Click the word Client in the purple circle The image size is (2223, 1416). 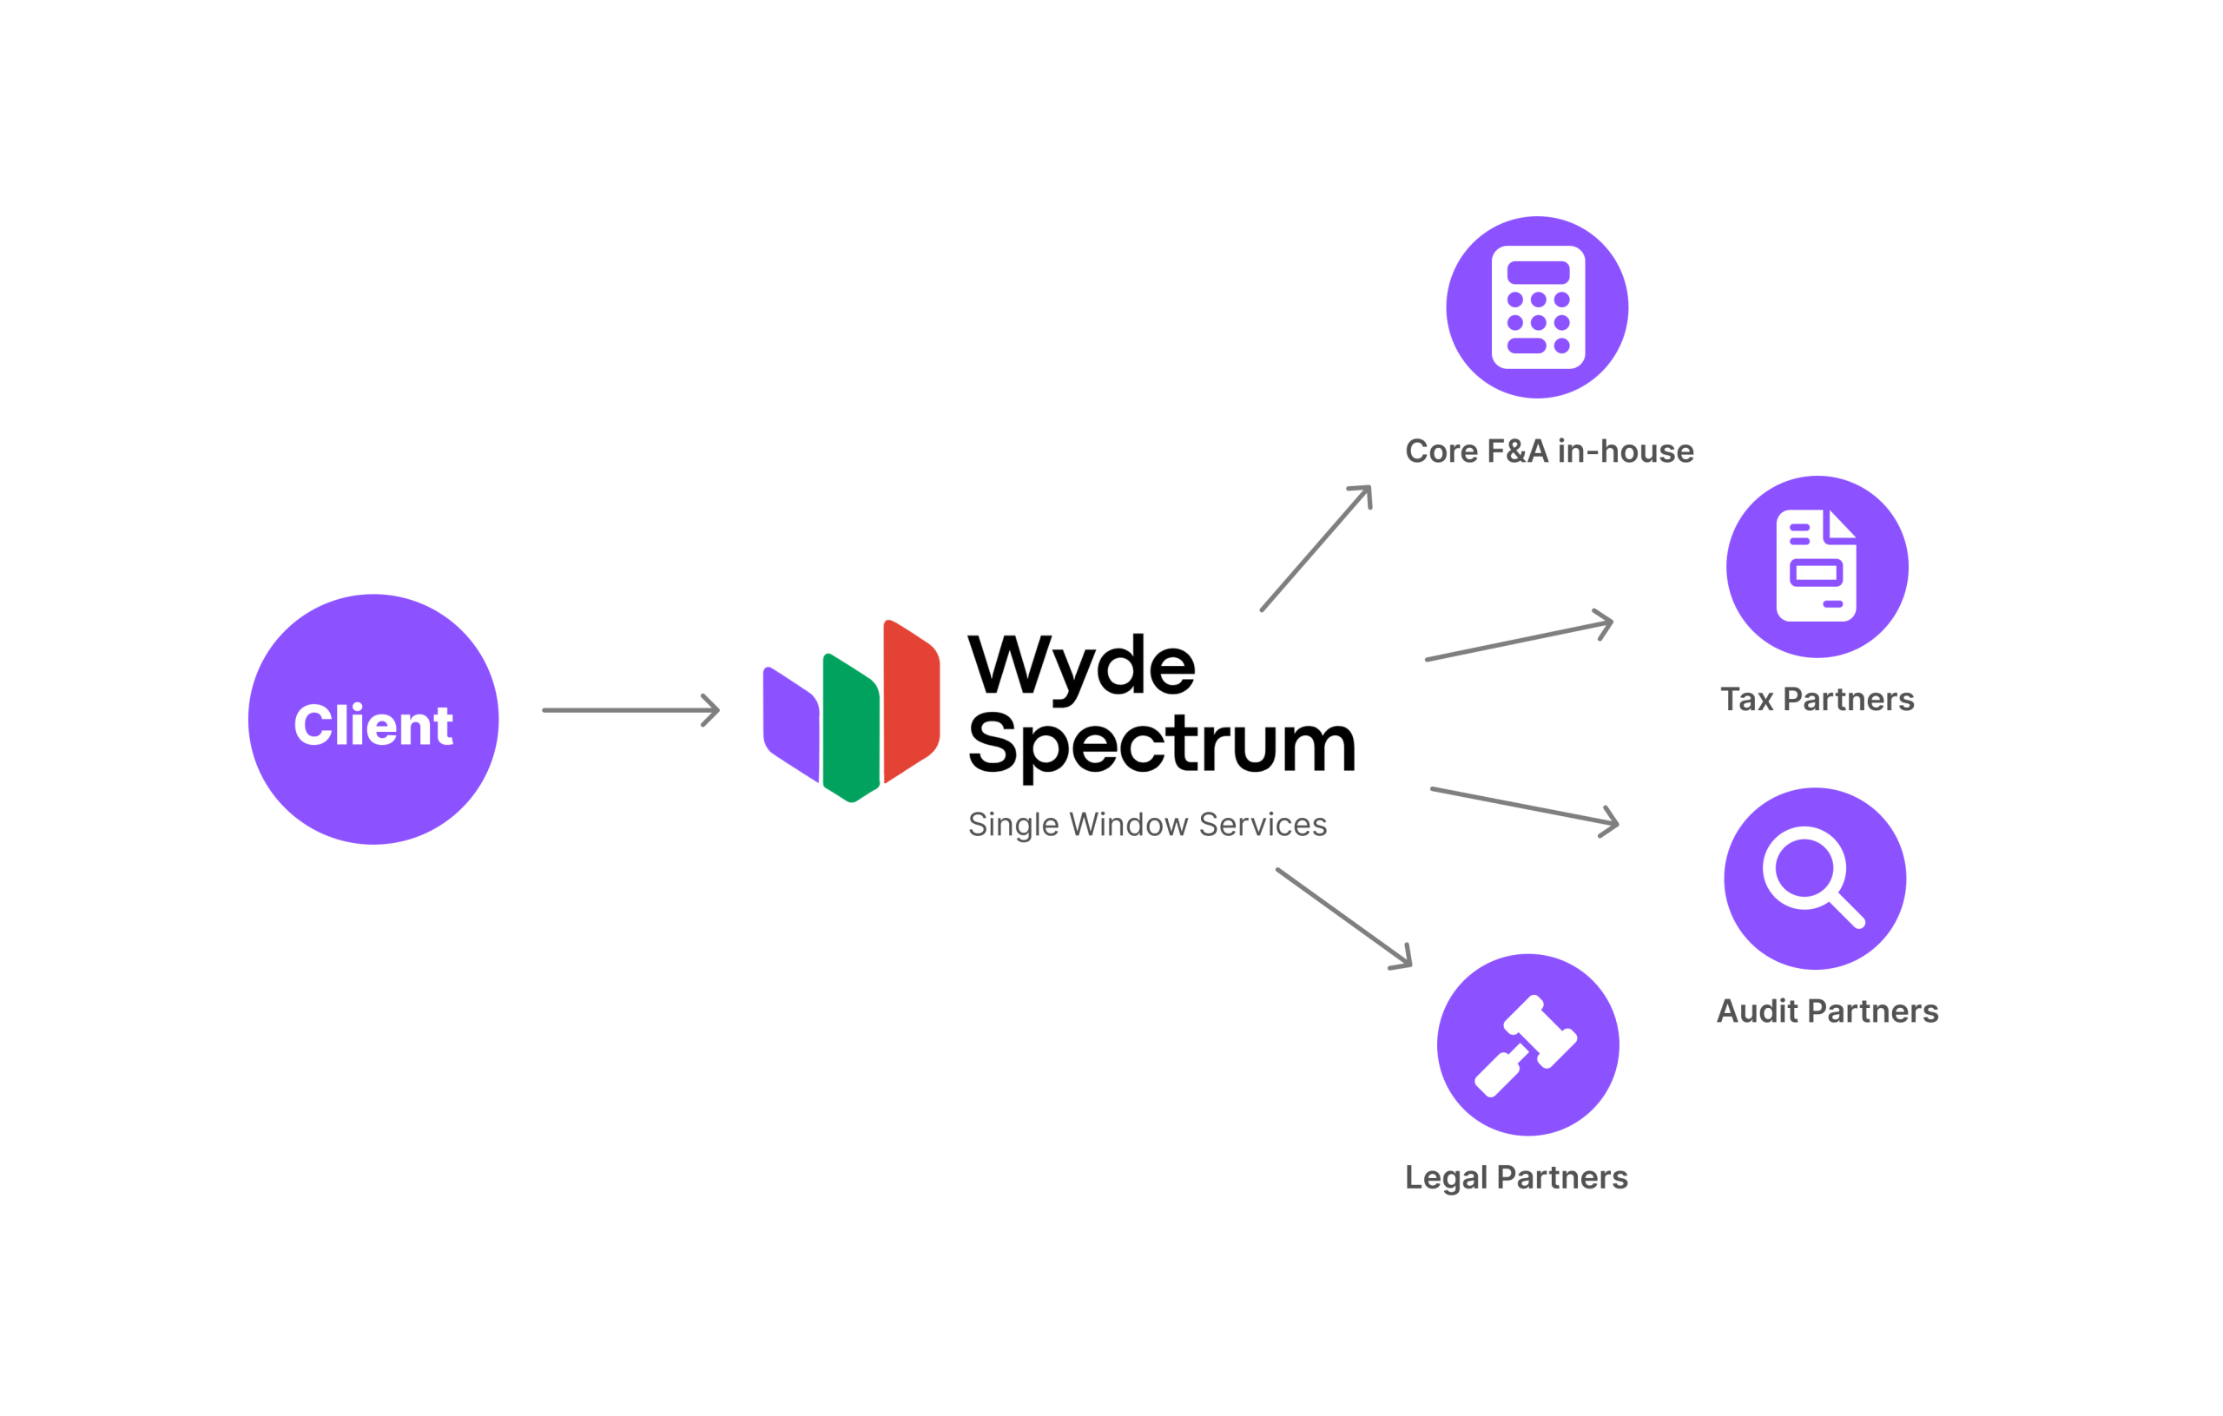pos(373,725)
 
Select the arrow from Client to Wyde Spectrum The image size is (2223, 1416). pos(630,710)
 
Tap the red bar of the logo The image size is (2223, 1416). pos(910,701)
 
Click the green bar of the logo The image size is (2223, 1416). pos(849,728)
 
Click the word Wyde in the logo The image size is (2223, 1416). pos(1081,667)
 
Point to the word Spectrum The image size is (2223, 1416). pos(1161,744)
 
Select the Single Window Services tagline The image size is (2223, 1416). pos(1146,824)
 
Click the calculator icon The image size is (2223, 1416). pos(1537,307)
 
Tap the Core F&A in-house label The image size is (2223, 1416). pos(1549,451)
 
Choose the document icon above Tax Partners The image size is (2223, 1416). pos(1816,566)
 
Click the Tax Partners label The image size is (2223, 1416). pos(1817,700)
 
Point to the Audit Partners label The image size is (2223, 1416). pos(1827,1011)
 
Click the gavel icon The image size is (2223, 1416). pos(1527,1045)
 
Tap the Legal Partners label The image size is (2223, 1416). pos(1516,1178)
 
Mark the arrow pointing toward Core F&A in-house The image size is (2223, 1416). pos(1316,549)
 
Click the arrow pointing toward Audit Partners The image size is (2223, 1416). pos(1523,806)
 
